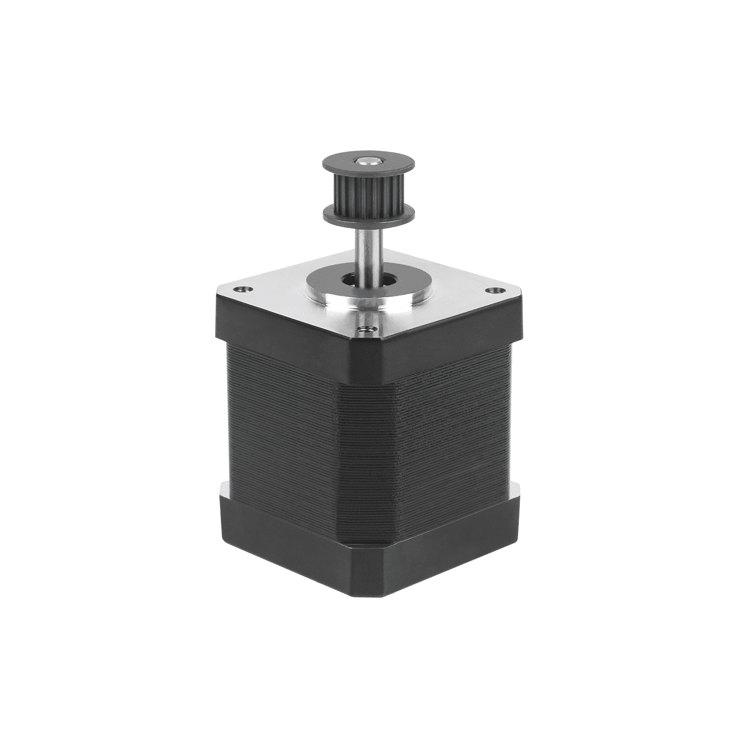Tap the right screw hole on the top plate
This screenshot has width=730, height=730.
pos(495,290)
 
